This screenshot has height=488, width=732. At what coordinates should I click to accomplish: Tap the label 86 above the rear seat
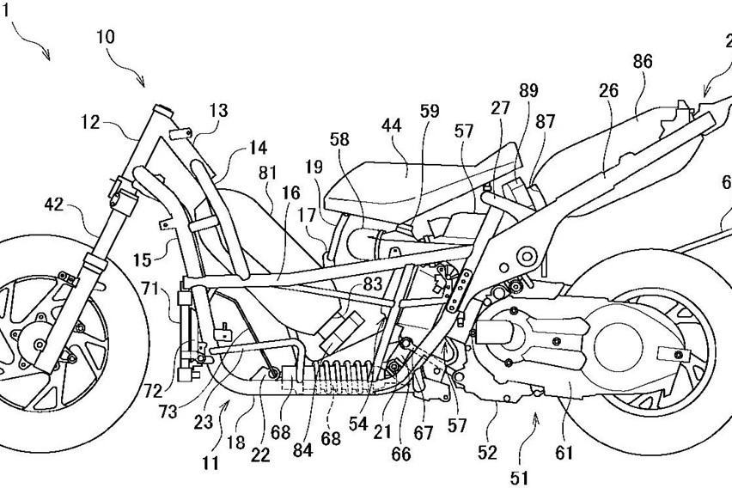(x=642, y=62)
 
